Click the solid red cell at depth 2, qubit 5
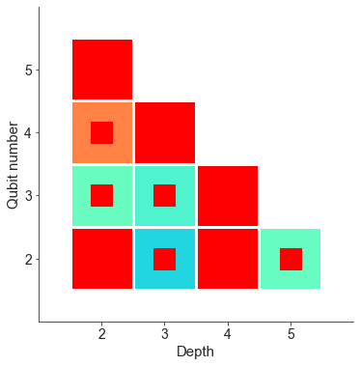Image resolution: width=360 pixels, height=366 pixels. (102, 70)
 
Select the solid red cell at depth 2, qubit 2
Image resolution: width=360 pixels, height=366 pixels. (102, 259)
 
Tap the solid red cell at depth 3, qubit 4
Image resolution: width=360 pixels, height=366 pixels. (165, 132)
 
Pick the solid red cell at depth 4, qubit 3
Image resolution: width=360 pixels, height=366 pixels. (228, 195)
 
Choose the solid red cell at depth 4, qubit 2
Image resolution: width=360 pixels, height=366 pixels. (228, 259)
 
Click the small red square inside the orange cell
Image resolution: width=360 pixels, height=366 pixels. (102, 132)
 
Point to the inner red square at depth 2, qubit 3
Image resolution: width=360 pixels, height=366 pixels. (102, 195)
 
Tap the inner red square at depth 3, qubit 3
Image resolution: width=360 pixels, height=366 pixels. (165, 195)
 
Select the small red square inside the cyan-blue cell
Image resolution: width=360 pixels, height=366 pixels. (165, 259)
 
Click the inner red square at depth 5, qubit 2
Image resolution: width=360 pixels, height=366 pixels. (291, 259)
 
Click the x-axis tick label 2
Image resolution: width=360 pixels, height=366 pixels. (102, 334)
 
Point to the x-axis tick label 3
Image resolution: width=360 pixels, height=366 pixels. (165, 334)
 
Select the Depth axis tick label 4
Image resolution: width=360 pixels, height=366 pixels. (228, 334)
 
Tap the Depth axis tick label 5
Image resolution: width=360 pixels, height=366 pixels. (291, 334)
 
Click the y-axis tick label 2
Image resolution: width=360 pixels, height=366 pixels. (29, 259)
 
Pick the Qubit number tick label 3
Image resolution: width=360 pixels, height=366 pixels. (29, 196)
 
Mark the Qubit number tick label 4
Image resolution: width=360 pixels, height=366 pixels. (29, 132)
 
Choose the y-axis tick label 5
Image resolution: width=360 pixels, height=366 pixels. (29, 70)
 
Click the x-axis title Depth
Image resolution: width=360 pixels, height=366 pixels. (196, 352)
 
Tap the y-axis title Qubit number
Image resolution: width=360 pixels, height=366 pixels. (13, 164)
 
